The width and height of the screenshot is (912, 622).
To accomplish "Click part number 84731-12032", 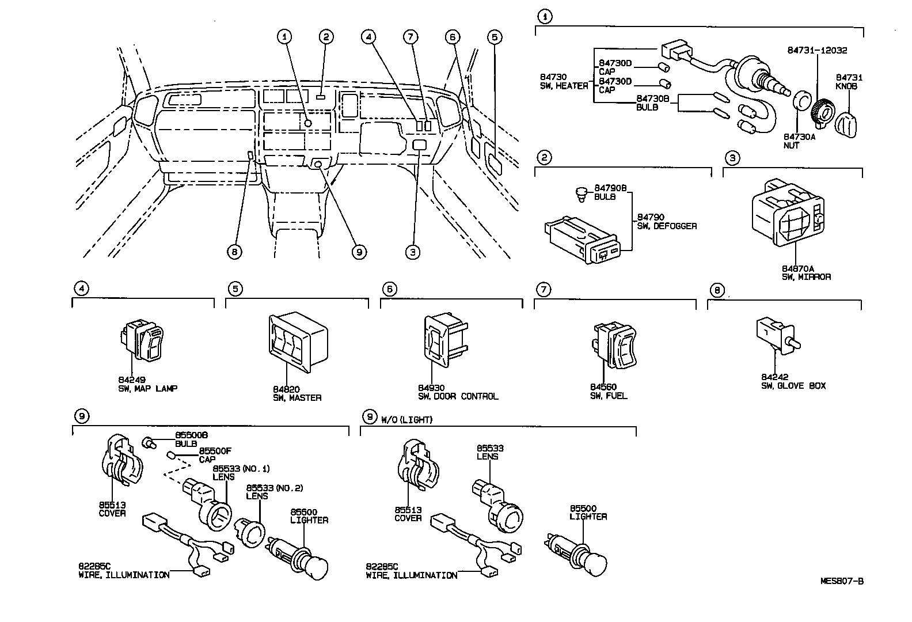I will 816,51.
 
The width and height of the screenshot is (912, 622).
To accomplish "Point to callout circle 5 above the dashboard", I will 494,37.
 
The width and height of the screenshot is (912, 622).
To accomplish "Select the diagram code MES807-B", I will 841,581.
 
